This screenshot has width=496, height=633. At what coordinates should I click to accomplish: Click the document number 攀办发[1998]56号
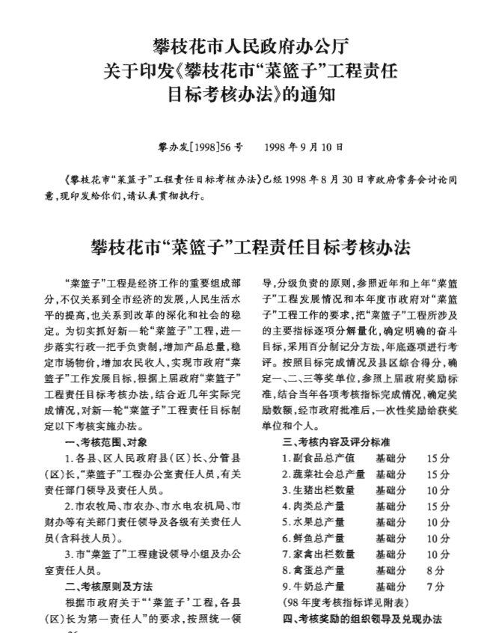pyautogui.click(x=200, y=147)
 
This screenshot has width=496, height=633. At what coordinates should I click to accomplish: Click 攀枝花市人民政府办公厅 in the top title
pyautogui.click(x=248, y=43)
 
